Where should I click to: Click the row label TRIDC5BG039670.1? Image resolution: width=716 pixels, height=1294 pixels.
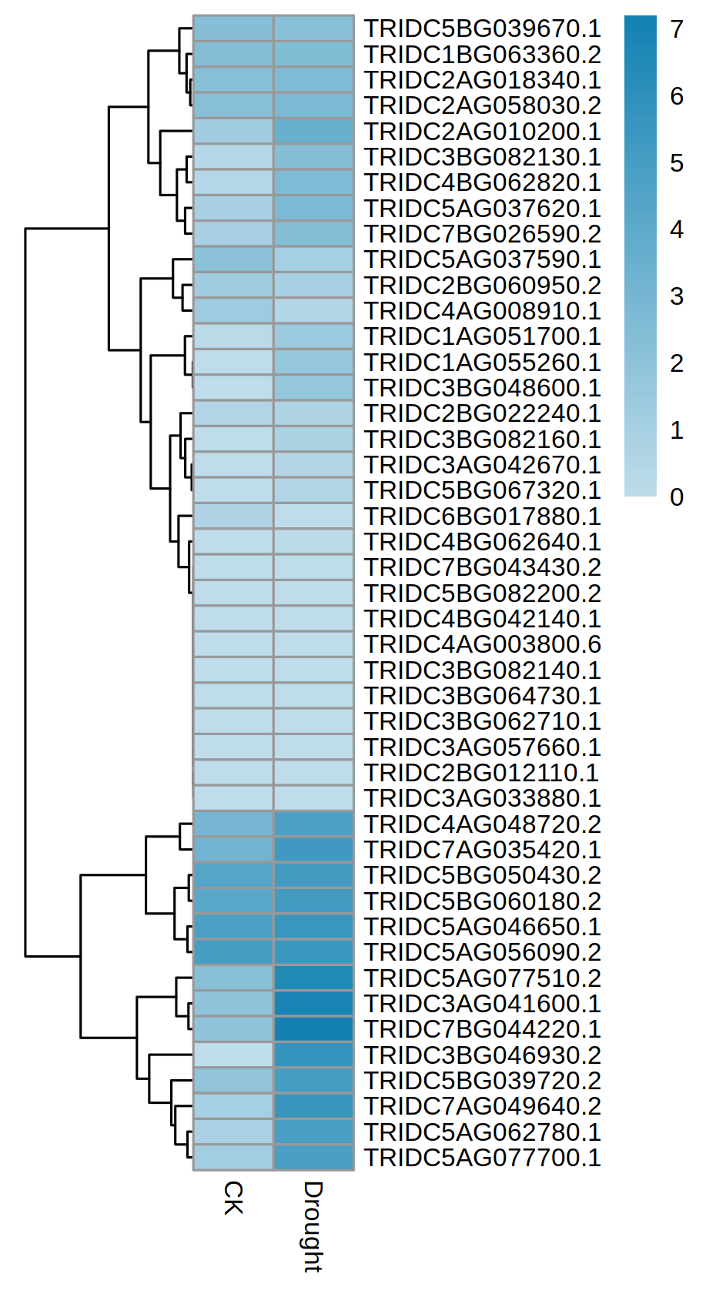click(x=482, y=28)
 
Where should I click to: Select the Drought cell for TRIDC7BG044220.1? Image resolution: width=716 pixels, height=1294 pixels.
click(x=313, y=1029)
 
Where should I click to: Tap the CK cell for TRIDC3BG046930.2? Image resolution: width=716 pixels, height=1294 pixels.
click(x=233, y=1055)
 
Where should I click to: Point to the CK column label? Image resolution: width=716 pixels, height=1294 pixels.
click(x=233, y=1199)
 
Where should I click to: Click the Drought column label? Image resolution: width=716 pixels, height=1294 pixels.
click(x=313, y=1226)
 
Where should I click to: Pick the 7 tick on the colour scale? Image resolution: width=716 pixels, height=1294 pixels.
click(x=676, y=29)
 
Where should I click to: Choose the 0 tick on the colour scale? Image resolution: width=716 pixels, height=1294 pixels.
click(x=676, y=497)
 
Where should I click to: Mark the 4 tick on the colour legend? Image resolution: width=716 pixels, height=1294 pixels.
click(x=676, y=229)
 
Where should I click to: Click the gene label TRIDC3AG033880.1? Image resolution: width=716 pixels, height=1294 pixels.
click(x=482, y=798)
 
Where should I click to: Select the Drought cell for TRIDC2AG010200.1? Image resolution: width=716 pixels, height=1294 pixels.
click(x=313, y=131)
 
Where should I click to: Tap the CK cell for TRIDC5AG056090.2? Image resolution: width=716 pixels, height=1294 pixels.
click(x=233, y=952)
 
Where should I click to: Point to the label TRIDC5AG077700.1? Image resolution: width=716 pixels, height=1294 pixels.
click(x=482, y=1158)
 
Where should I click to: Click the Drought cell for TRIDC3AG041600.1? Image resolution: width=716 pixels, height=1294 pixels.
click(x=313, y=1004)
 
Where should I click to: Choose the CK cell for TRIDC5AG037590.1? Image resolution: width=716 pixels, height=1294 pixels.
click(x=233, y=259)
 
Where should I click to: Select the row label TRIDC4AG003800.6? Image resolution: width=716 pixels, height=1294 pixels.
click(x=482, y=644)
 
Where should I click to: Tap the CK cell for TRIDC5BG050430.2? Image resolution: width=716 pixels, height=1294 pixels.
click(x=233, y=875)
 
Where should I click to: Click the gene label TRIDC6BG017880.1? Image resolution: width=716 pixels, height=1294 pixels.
click(x=482, y=516)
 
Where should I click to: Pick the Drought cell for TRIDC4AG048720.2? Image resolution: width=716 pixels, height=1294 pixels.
click(x=313, y=824)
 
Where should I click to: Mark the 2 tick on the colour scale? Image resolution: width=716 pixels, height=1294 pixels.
click(x=676, y=363)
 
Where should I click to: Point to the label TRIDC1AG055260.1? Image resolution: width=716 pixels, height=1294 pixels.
click(x=482, y=362)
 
